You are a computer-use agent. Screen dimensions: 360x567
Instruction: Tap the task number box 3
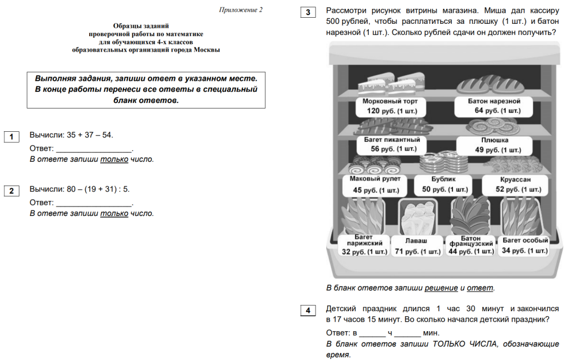click(308, 12)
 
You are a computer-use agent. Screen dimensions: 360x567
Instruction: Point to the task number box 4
click(308, 311)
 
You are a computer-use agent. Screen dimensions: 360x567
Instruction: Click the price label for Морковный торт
click(386, 106)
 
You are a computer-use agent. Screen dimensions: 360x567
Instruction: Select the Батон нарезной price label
click(494, 106)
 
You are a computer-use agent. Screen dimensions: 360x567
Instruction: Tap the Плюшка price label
click(494, 145)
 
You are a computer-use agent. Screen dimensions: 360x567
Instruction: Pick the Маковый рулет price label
click(375, 185)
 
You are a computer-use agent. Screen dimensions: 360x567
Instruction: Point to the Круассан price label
click(514, 185)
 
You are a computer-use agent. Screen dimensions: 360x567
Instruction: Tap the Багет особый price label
click(524, 246)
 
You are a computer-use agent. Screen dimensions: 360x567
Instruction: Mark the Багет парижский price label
click(364, 245)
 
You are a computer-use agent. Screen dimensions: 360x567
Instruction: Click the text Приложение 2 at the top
click(241, 10)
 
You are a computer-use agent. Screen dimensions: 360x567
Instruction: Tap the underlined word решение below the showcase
click(441, 288)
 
